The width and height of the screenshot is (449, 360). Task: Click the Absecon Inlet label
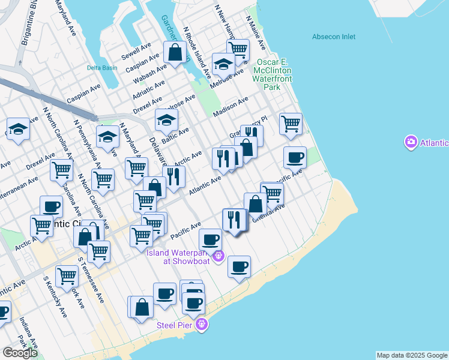pos(334,37)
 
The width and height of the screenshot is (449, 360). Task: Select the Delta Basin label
pos(102,68)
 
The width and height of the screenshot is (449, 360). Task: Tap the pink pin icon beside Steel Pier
pos(203,325)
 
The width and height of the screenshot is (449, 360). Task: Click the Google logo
pos(20,353)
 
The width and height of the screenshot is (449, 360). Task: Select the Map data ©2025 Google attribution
pos(412,355)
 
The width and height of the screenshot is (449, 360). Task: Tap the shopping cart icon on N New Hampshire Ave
pos(238,49)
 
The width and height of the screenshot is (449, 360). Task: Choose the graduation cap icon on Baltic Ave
pos(166,119)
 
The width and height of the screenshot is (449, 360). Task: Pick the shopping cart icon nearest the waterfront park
pos(291,124)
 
